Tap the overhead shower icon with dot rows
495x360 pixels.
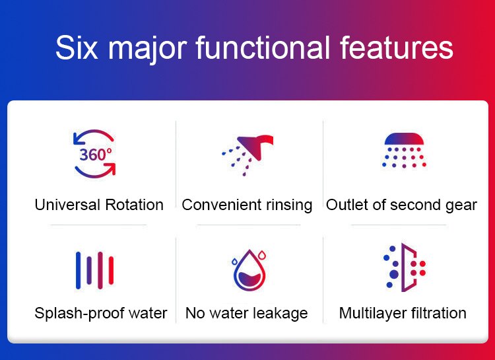pyautogui.click(x=403, y=151)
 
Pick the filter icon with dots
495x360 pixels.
pyautogui.click(x=403, y=268)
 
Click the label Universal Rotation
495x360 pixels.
pyautogui.click(x=99, y=205)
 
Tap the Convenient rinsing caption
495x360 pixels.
pyautogui.click(x=247, y=205)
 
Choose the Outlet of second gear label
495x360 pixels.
pyautogui.click(x=401, y=205)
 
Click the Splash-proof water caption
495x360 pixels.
pyautogui.click(x=101, y=312)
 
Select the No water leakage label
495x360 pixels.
pyautogui.click(x=247, y=312)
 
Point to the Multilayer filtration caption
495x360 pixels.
pyautogui.click(x=403, y=312)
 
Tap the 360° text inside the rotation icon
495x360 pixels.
pyautogui.click(x=96, y=155)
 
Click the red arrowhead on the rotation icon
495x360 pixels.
pyautogui.click(x=110, y=169)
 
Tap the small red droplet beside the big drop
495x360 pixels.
pyautogui.click(x=262, y=254)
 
